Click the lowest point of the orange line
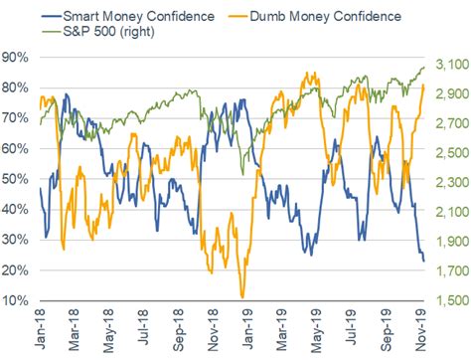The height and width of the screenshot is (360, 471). tap(242, 296)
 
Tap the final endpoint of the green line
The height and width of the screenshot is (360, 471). tap(424, 68)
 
